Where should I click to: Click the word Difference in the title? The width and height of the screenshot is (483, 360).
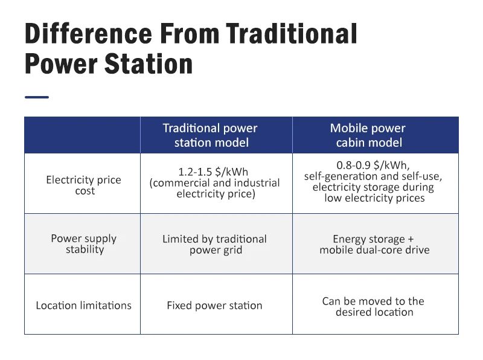tap(88, 33)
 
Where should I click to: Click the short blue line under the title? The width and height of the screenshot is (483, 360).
tap(37, 97)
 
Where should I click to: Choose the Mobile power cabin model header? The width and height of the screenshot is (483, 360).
tap(368, 135)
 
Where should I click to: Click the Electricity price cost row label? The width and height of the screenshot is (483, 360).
tap(83, 185)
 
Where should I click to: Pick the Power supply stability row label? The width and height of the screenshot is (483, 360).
tap(84, 243)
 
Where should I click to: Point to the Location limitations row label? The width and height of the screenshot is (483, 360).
tap(83, 306)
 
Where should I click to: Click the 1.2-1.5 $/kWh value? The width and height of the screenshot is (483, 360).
tap(213, 172)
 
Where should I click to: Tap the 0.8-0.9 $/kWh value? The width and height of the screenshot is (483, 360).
tap(373, 166)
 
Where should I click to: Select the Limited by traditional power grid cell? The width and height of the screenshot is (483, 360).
tap(215, 244)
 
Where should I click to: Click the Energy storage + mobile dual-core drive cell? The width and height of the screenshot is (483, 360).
tap(374, 244)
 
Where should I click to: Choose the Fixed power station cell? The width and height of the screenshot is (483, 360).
tap(214, 306)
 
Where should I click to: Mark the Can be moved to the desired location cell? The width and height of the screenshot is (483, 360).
tap(374, 306)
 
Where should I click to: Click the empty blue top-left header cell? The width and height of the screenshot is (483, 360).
tap(82, 135)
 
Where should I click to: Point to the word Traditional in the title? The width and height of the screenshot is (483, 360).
tap(291, 33)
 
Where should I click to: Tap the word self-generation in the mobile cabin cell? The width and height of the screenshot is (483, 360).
tap(341, 176)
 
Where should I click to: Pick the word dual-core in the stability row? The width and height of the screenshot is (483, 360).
tap(379, 249)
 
